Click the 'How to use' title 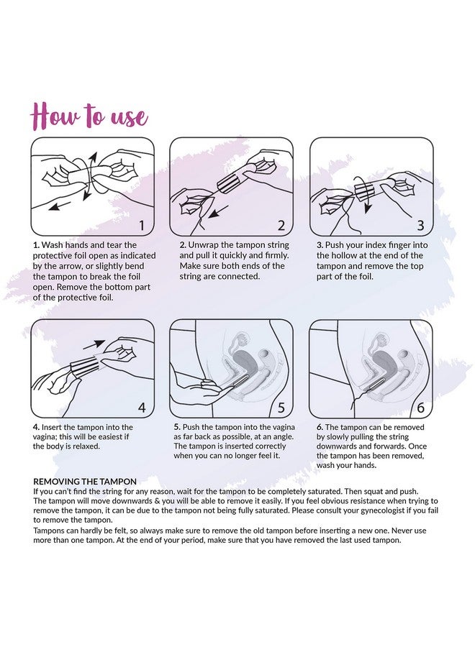(89, 116)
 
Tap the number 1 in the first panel (142, 226)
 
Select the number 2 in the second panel (281, 226)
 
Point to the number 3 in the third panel (420, 226)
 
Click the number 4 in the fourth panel (142, 408)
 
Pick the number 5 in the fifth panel (281, 408)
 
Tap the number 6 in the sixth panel (420, 408)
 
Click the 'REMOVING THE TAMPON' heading (85, 482)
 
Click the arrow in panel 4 (99, 344)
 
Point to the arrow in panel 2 (219, 211)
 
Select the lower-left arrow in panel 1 (59, 206)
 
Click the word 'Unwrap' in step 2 (202, 245)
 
